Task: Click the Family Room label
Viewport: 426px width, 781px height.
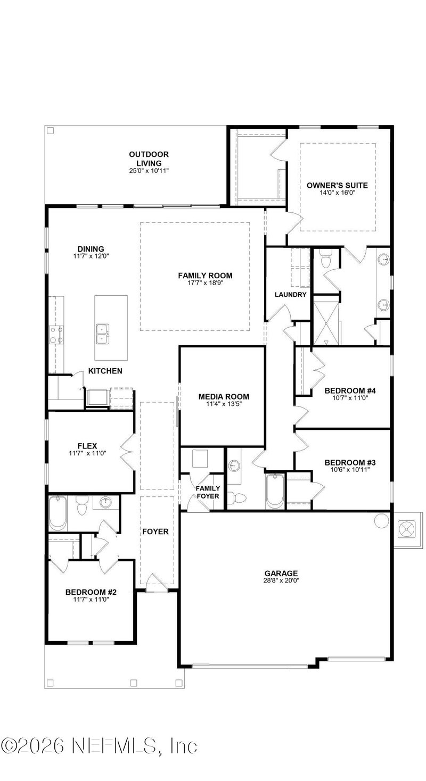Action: coord(205,275)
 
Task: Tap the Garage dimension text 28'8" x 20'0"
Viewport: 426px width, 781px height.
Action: coord(281,581)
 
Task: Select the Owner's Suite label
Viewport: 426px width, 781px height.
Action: coord(337,185)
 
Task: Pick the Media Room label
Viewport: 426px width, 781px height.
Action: coord(224,396)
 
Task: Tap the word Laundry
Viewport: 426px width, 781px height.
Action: coord(290,294)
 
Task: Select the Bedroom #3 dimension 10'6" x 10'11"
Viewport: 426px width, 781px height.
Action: coord(347,470)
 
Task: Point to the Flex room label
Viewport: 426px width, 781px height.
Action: coord(86,445)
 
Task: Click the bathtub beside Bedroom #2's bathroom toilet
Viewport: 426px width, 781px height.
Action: coord(58,513)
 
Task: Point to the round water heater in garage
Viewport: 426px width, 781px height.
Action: coord(382,520)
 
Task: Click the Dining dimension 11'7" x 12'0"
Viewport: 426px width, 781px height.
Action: coord(91,256)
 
